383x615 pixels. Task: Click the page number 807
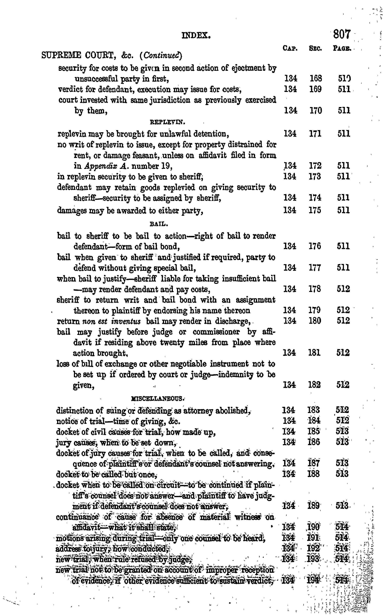pyautogui.click(x=342, y=34)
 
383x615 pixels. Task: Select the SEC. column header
pyautogui.click(x=315, y=48)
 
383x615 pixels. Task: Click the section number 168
pyautogui.click(x=316, y=79)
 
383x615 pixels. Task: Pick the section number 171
pyautogui.click(x=315, y=133)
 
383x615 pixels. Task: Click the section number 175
pyautogui.click(x=315, y=210)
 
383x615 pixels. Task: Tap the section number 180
pyautogui.click(x=315, y=321)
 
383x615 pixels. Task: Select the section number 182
pyautogui.click(x=314, y=385)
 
